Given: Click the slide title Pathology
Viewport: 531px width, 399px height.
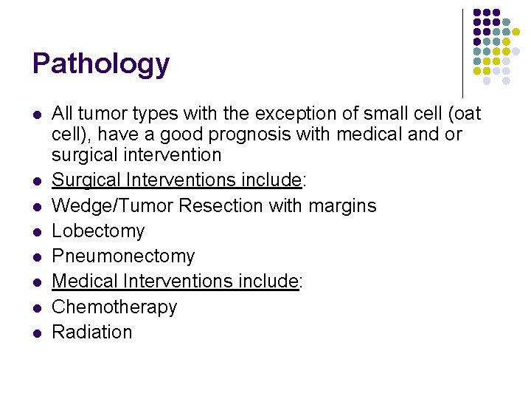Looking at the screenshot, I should (x=101, y=64).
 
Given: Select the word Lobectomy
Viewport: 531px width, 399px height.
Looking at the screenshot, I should (x=98, y=231).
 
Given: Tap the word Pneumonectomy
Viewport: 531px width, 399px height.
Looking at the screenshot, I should (x=123, y=256).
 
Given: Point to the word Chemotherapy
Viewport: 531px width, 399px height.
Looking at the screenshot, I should (x=114, y=307).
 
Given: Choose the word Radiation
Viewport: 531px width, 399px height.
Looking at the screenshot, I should (x=92, y=332).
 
